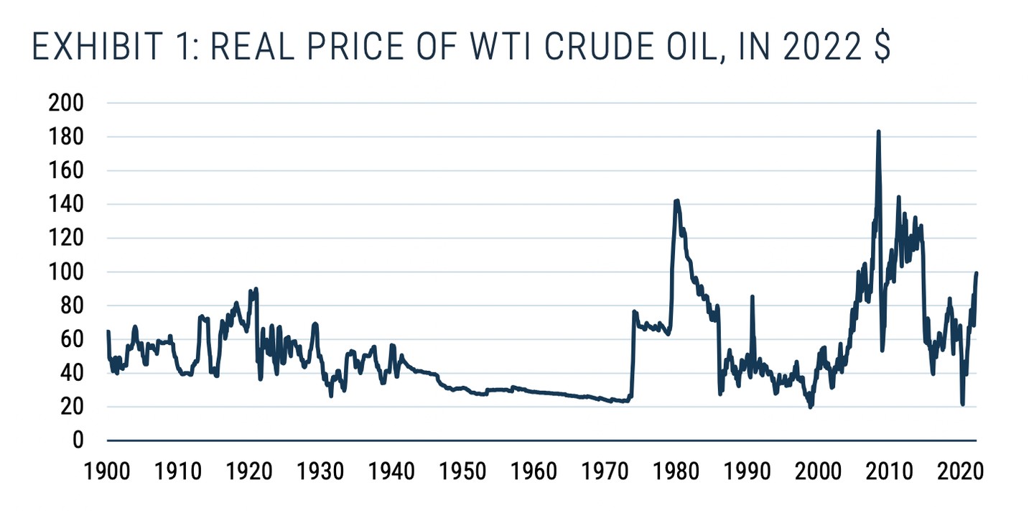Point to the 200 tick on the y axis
pyautogui.click(x=65, y=103)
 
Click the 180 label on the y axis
pyautogui.click(x=65, y=137)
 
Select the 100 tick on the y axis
pyautogui.click(x=65, y=272)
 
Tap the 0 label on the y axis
pyautogui.click(x=78, y=441)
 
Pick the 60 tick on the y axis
pyautogui.click(x=71, y=339)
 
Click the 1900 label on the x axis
pyautogui.click(x=107, y=473)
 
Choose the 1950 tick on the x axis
pyautogui.click(x=462, y=473)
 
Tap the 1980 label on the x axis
pyautogui.click(x=676, y=473)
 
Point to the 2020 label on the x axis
pyautogui.click(x=959, y=473)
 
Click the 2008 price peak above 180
pyautogui.click(x=878, y=132)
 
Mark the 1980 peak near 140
pyautogui.click(x=676, y=201)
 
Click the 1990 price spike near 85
pyautogui.click(x=752, y=296)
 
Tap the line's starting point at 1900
pyautogui.click(x=108, y=331)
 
